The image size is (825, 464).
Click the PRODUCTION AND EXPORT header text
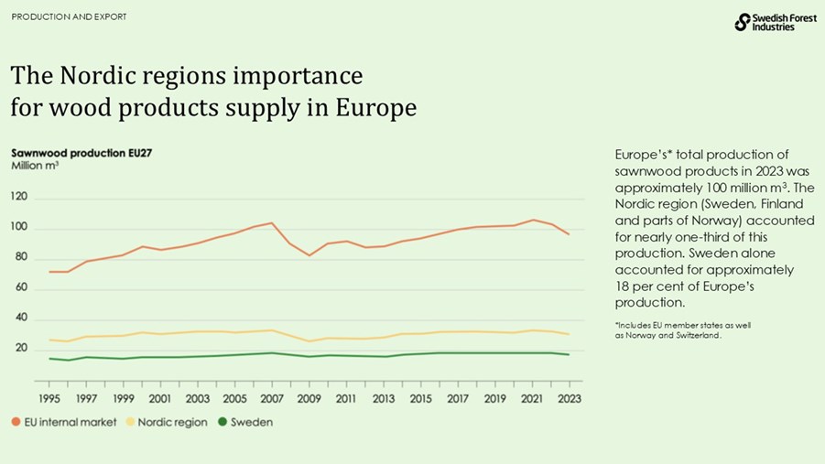70,17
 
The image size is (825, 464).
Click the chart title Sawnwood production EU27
81,153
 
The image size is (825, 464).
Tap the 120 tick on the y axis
19,197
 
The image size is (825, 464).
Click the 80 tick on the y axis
19,258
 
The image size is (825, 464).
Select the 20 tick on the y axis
19,349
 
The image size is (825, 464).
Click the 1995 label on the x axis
50,399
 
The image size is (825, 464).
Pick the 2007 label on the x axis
272,399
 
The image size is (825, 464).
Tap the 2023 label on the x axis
569,399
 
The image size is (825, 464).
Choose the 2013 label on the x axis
383,399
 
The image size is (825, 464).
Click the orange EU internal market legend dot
16,422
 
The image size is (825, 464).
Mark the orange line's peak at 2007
272,223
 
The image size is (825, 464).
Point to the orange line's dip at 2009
309,255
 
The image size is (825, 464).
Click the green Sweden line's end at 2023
569,354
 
